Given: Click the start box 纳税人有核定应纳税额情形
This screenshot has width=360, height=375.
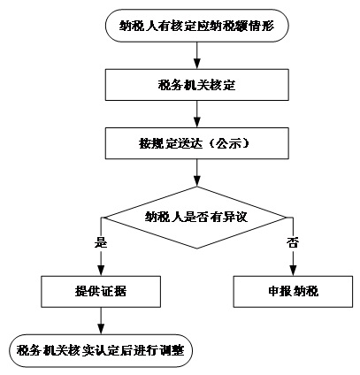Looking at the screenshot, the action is coord(196,26).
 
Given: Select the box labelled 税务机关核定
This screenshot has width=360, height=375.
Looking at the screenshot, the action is coord(197,85).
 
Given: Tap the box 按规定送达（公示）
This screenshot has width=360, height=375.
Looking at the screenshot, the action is coord(197,143).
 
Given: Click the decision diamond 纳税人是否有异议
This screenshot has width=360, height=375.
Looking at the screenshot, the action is coord(196,218).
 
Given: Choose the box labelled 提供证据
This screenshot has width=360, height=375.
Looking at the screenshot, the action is coord(101,292).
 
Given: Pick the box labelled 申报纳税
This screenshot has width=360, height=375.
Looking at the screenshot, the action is coord(293,292).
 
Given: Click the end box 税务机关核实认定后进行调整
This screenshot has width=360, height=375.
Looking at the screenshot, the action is coord(101,350).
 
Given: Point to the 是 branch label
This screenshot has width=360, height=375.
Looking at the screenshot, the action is coord(101,243).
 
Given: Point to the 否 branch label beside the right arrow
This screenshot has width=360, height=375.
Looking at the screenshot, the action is coord(293,243).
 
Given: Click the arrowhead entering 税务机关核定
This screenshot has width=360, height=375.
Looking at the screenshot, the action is coord(196,64).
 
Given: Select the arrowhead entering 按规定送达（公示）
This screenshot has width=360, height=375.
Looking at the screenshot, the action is coord(196,122).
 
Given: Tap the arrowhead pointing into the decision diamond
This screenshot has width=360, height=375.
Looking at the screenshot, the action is coord(196,181).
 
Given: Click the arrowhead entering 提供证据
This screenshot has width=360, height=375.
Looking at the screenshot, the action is coord(101,271).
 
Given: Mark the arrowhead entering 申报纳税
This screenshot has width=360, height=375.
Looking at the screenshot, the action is coord(293,271).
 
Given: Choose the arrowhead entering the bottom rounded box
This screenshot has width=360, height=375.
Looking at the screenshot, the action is coord(101,329).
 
